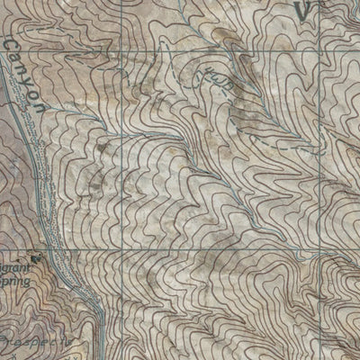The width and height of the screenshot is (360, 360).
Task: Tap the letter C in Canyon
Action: (12, 45)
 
